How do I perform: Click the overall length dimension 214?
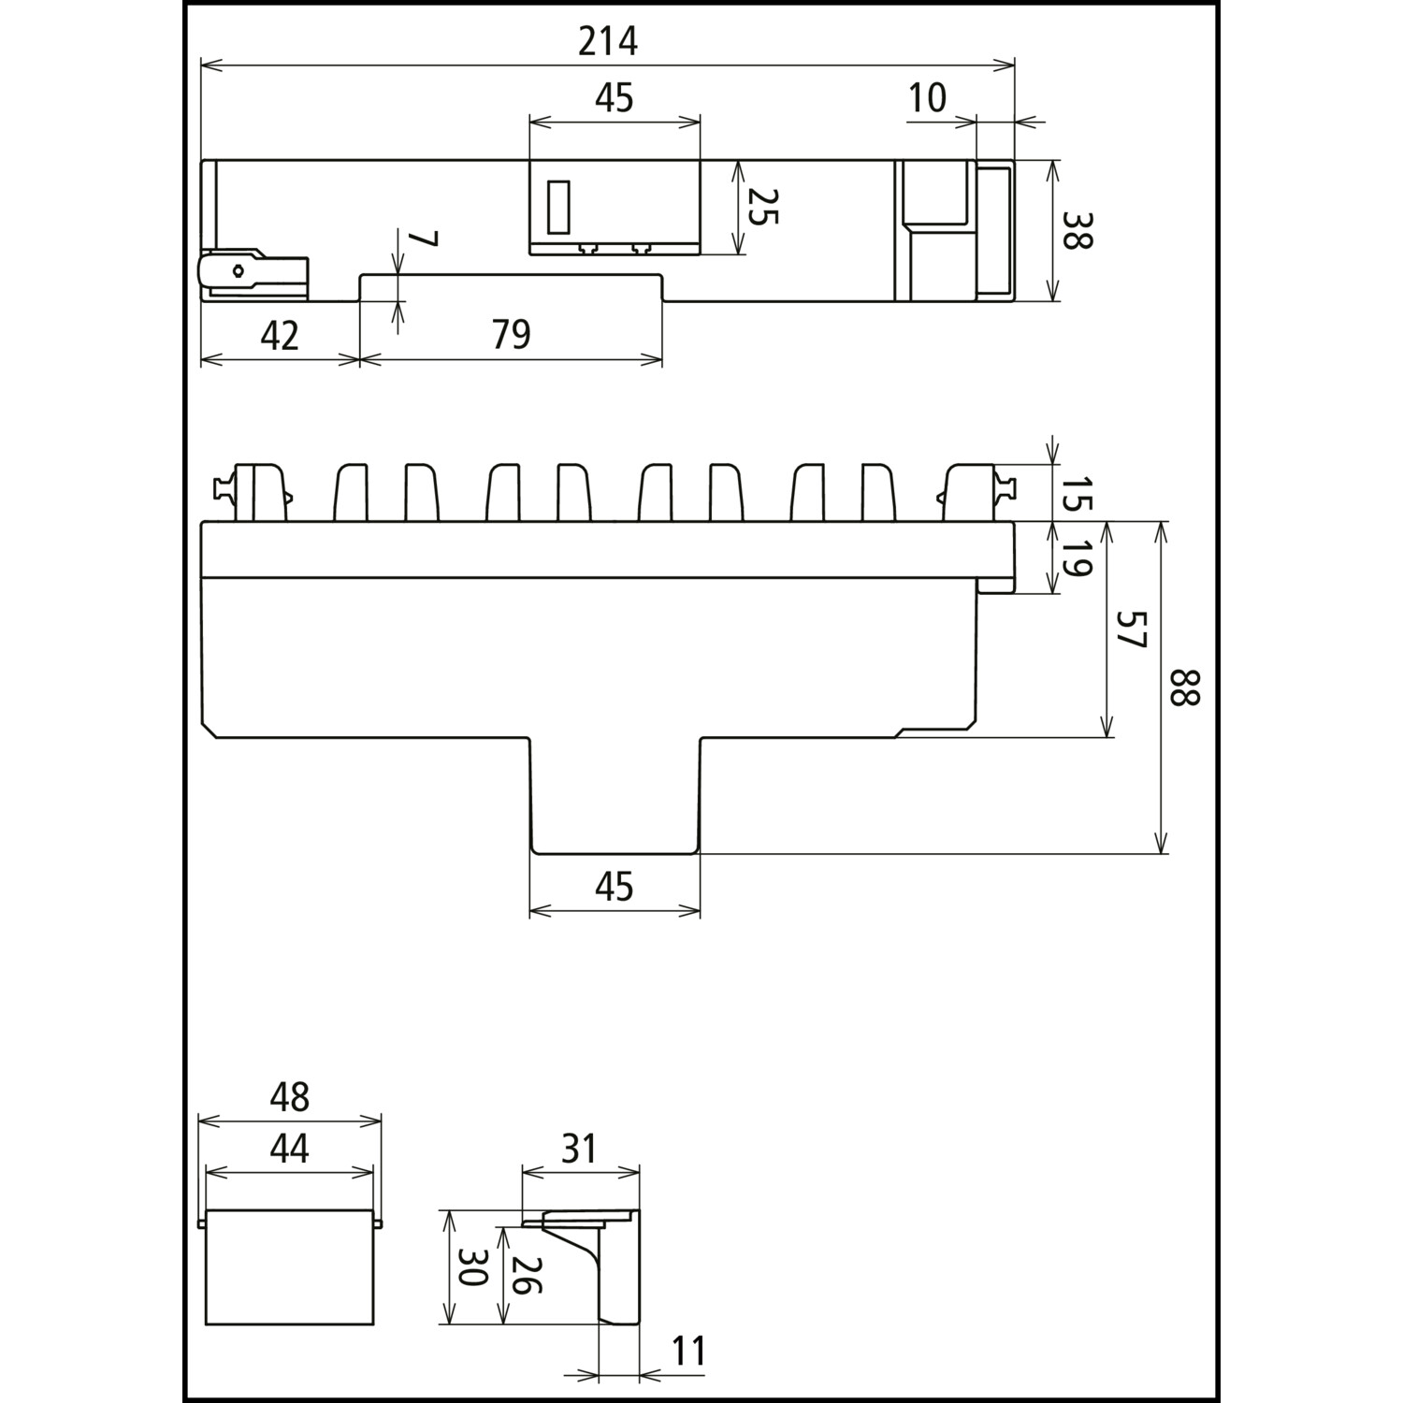click(x=607, y=41)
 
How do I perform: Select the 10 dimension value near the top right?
click(x=927, y=97)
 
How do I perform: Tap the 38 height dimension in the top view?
click(x=1077, y=229)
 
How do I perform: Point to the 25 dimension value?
click(x=762, y=207)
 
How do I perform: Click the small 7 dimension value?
click(x=423, y=239)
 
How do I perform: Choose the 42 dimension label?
click(x=279, y=335)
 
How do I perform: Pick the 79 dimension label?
click(x=511, y=334)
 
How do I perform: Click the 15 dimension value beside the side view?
click(x=1077, y=493)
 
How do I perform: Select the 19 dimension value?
click(x=1077, y=557)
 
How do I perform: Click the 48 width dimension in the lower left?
click(x=289, y=1097)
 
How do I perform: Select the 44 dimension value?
click(x=289, y=1148)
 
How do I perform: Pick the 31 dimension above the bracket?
click(x=580, y=1148)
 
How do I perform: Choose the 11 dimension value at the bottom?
click(x=688, y=1352)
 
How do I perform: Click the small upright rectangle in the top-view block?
click(x=558, y=206)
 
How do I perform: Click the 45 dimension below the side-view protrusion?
click(x=615, y=886)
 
